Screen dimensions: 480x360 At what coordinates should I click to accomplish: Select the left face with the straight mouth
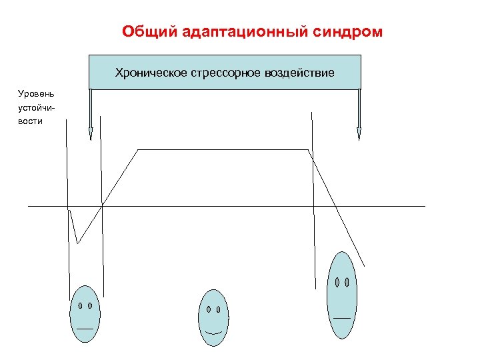pyautogui.click(x=85, y=313)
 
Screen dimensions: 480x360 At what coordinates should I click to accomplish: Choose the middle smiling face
pyautogui.click(x=213, y=318)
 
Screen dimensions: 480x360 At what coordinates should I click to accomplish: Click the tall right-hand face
pyautogui.click(x=342, y=295)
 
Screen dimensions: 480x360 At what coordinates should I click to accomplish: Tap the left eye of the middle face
pyautogui.click(x=209, y=309)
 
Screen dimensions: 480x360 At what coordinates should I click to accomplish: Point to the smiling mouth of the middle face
pyautogui.click(x=213, y=331)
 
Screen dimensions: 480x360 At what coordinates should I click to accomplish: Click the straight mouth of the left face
pyautogui.click(x=85, y=329)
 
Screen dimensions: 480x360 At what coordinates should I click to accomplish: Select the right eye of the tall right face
pyautogui.click(x=347, y=282)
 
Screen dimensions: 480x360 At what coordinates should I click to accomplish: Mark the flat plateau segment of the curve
pyautogui.click(x=223, y=150)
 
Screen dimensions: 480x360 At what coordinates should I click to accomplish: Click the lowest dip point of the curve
pyautogui.click(x=77, y=243)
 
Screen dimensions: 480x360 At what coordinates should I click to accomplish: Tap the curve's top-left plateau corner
pyautogui.click(x=138, y=150)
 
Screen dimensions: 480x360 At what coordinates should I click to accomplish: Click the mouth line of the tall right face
pyautogui.click(x=342, y=317)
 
